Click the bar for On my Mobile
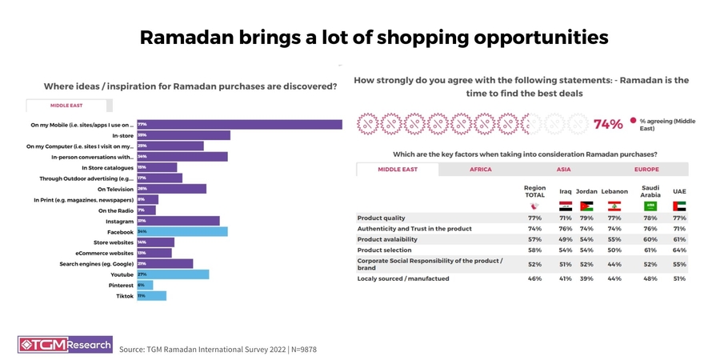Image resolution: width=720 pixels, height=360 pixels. click(x=239, y=124)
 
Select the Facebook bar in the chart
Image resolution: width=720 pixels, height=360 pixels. click(x=182, y=231)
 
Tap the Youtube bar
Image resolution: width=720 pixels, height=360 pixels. click(x=173, y=274)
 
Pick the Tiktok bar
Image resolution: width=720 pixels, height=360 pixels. click(x=151, y=296)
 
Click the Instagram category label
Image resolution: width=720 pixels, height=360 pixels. click(x=120, y=221)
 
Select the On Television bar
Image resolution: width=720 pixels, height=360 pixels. click(x=171, y=189)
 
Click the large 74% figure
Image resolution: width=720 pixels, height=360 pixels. click(x=608, y=124)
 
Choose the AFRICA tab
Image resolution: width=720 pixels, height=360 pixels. click(x=481, y=170)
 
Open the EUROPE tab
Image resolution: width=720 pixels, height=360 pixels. click(x=646, y=170)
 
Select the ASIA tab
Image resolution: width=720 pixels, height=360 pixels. click(x=564, y=170)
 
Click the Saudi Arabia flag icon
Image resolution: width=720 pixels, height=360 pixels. click(x=650, y=206)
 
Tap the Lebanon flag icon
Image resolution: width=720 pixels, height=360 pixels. click(x=614, y=206)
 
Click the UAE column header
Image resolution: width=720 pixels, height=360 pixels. click(x=679, y=192)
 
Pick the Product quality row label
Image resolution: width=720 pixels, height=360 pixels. click(x=381, y=218)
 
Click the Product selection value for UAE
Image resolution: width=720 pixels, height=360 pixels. click(x=679, y=250)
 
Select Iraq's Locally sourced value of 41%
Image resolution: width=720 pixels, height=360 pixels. click(x=565, y=278)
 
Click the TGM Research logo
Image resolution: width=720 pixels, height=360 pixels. click(x=66, y=345)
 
